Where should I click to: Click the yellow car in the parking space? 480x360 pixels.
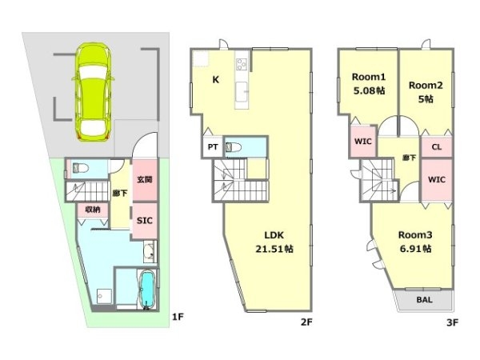tap(93, 93)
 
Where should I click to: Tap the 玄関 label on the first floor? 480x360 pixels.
tap(145, 179)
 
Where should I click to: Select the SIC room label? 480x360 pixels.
tap(145, 221)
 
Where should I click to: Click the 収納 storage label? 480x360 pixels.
tap(93, 210)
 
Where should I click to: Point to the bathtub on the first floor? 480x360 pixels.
tap(147, 290)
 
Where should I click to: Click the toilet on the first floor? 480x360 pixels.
tap(80, 168)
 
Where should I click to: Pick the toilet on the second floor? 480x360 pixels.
tap(234, 147)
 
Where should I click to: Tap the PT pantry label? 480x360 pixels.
tap(213, 147)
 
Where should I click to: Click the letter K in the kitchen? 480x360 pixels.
tap(216, 80)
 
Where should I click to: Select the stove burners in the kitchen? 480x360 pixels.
tap(242, 65)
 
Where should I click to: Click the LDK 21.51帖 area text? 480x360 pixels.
tap(274, 242)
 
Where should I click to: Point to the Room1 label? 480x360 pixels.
tap(369, 77)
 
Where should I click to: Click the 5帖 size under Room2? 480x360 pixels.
tap(426, 99)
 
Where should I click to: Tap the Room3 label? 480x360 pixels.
tap(415, 235)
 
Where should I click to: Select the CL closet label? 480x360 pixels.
tap(437, 147)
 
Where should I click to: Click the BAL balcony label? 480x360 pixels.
tap(424, 300)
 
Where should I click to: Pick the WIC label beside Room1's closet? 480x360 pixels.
tap(363, 142)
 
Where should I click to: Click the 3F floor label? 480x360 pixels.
tap(452, 322)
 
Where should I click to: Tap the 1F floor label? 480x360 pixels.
tap(178, 317)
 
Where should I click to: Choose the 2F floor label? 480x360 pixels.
tap(306, 322)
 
